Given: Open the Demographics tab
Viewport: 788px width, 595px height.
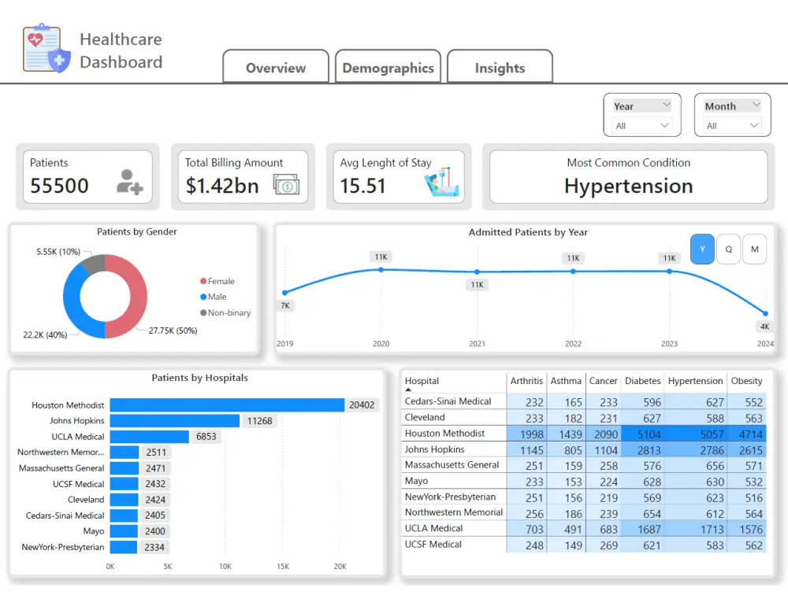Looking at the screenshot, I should point(388,68).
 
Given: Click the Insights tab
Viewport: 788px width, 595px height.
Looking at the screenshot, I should point(500,68).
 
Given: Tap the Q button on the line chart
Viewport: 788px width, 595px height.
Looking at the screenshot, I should point(729,249).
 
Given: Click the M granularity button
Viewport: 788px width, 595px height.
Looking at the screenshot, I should point(754,249).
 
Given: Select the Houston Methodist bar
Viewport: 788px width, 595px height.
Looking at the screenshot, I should point(227,405).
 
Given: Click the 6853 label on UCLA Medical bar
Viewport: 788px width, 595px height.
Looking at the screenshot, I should point(206,437).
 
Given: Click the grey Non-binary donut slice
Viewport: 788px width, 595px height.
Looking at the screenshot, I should point(93,264).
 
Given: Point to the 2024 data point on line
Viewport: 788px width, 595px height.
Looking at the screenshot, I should point(765,313).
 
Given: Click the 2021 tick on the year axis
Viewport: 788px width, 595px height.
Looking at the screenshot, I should point(477,344).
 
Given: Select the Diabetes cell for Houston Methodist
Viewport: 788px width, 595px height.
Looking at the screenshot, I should point(642,434).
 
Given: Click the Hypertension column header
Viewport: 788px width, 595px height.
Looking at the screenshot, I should point(695,381).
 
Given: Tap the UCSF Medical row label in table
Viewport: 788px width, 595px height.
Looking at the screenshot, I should point(433,545).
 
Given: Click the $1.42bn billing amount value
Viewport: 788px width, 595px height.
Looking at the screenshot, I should point(222,187).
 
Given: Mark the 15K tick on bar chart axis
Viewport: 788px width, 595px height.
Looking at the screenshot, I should point(282,567).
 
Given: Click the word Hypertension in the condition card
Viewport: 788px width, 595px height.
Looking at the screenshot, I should point(628,187).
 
